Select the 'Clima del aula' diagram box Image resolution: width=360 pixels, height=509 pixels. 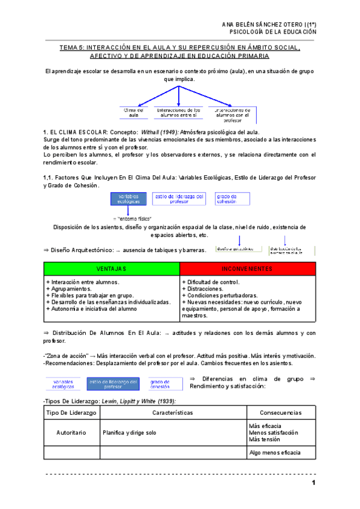point(133,113)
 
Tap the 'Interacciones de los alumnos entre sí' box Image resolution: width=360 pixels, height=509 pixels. point(178,113)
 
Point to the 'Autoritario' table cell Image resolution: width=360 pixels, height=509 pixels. point(71,432)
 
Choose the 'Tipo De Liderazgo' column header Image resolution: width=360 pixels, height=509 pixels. point(71,413)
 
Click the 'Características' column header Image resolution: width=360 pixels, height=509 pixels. point(173,413)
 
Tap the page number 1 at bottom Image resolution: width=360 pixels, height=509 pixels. point(313,484)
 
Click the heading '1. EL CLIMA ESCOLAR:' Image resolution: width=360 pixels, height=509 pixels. point(75,131)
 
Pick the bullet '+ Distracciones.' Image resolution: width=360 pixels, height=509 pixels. point(204,289)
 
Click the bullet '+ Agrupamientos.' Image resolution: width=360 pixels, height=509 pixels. point(70,289)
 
